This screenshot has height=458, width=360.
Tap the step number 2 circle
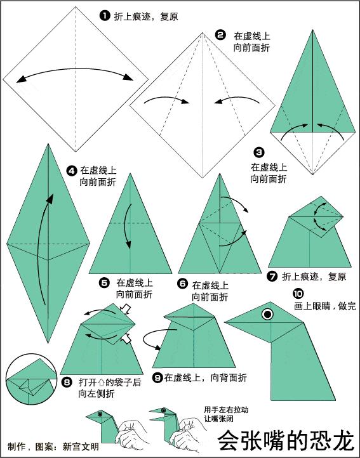tap(220, 36)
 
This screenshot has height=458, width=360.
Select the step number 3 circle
tap(258, 152)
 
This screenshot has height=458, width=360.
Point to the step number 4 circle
tap(72, 170)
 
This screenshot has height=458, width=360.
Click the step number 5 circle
tap(105, 282)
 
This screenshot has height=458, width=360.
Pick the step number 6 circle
tap(182, 285)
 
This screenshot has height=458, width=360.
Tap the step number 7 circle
tap(272, 277)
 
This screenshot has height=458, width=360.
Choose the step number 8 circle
tap(67, 383)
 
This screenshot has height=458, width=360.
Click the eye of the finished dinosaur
tap(269, 313)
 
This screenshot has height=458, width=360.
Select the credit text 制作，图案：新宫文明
tap(53, 446)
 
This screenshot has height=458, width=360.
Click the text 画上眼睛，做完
tap(324, 306)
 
